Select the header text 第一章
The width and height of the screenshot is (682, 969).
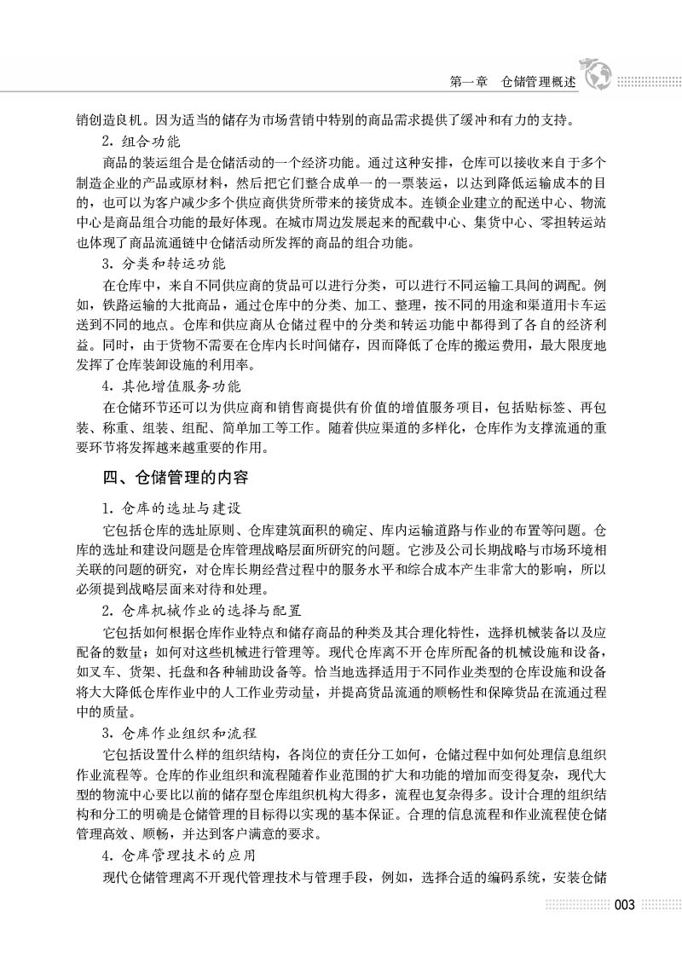pos(467,84)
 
